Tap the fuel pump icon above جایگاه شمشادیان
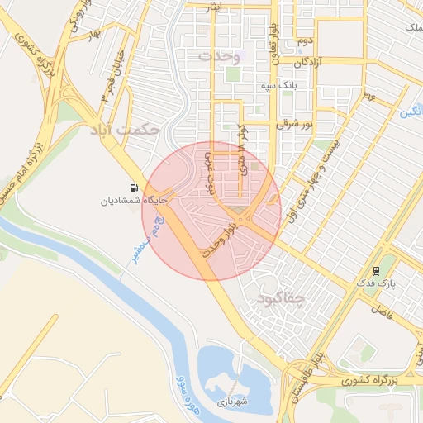click(x=133, y=188)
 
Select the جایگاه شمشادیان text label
click(x=134, y=200)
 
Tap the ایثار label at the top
click(x=215, y=7)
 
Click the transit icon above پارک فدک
click(x=377, y=270)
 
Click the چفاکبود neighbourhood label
click(x=283, y=297)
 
